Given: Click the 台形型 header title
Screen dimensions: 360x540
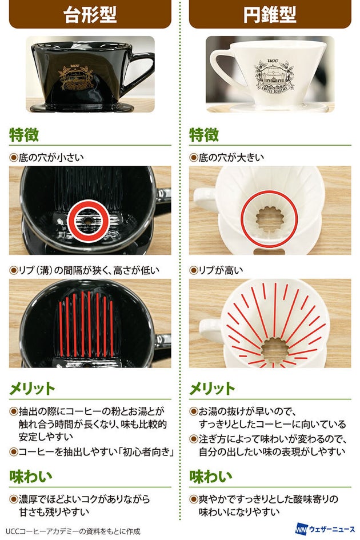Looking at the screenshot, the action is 90,14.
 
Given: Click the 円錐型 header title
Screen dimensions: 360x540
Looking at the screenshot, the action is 270,14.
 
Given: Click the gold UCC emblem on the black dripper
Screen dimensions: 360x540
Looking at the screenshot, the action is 76,77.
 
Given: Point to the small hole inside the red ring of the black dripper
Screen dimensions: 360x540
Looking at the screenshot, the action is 88,222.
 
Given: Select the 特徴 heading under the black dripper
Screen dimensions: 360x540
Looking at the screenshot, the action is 24,135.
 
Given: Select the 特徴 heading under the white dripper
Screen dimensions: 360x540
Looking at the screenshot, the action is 203,135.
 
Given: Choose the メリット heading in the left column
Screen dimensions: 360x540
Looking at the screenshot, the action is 32,389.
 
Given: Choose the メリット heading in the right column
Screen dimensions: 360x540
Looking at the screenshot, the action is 212,389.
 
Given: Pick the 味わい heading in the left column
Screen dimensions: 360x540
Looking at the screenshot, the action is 31,477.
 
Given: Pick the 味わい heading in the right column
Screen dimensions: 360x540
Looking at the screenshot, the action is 210,477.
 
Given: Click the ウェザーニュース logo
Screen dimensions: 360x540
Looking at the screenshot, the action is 325,529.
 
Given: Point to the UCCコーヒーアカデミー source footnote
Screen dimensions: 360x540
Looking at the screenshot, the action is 73,531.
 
